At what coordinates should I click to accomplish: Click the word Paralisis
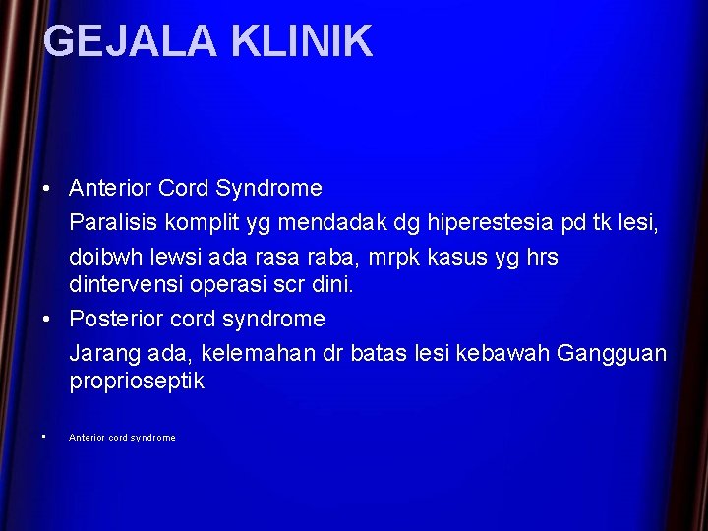(110, 222)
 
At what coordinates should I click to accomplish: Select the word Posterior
(114, 320)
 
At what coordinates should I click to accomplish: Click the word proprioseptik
(137, 382)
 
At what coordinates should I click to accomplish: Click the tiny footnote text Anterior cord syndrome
(122, 438)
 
